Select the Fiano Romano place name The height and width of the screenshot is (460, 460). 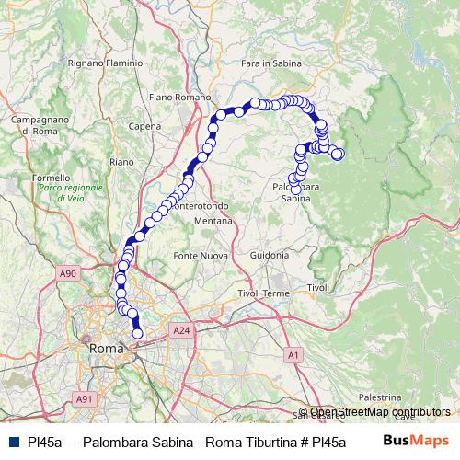pyautogui.click(x=178, y=96)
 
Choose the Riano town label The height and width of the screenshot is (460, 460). pyautogui.click(x=121, y=161)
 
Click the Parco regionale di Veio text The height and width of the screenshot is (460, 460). pyautogui.click(x=77, y=192)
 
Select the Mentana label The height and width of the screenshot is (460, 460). pyautogui.click(x=215, y=222)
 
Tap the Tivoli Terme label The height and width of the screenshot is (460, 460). pyautogui.click(x=263, y=293)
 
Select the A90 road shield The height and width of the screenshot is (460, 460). pyautogui.click(x=66, y=273)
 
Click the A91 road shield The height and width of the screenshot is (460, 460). pyautogui.click(x=84, y=398)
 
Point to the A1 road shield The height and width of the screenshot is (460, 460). pyautogui.click(x=293, y=354)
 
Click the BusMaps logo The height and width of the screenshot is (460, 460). pyautogui.click(x=417, y=440)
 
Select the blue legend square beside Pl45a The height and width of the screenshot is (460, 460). pyautogui.click(x=13, y=441)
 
